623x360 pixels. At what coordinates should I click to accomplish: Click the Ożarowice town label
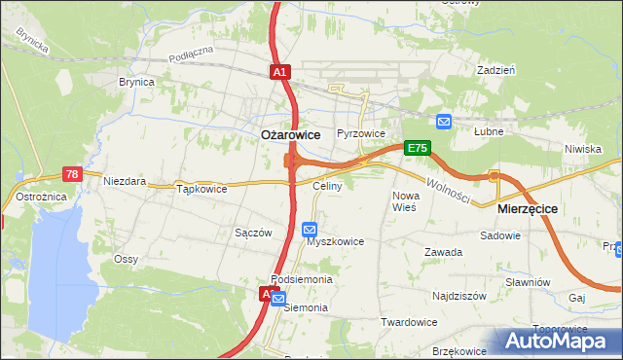pos(291,135)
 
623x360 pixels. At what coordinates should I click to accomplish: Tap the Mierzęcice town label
pos(527,208)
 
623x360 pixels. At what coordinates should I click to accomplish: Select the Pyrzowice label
pos(361,133)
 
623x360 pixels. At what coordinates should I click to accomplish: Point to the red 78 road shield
pos(72,173)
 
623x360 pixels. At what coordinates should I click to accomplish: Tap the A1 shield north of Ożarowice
pos(279,72)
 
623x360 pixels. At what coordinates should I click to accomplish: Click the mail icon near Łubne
pos(444,122)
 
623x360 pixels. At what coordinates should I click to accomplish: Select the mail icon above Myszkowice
pos(310,230)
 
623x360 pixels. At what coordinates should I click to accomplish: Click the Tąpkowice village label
pos(202,189)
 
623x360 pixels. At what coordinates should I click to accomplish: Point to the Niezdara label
pos(125,181)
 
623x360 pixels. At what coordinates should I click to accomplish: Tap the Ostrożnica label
pos(40,197)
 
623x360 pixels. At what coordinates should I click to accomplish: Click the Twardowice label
pos(408,322)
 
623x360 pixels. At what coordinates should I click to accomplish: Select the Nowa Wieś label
pos(404,201)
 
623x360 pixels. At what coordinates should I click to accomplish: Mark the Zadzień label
pos(495,71)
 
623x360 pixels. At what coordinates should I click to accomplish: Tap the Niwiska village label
pos(582,149)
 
